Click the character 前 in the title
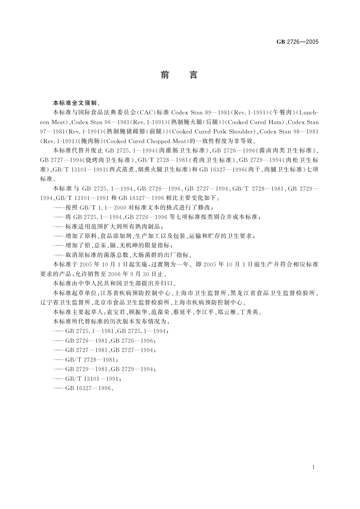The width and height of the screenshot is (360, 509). click(x=165, y=75)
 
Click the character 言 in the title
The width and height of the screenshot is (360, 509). click(x=193, y=75)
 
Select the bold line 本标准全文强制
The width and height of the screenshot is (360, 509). click(x=72, y=103)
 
